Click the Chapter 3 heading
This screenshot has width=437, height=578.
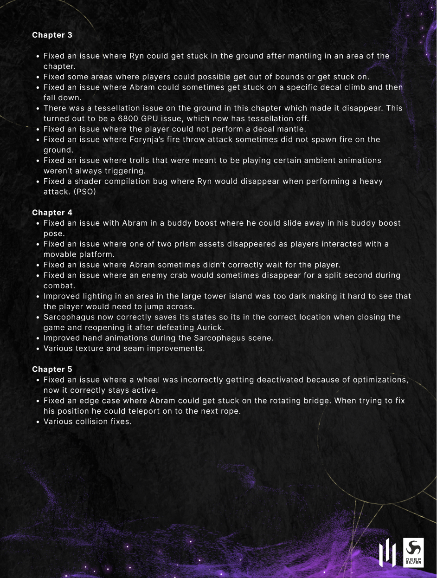click(52, 35)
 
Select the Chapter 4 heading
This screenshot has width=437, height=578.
click(52, 213)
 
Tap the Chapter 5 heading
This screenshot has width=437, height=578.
click(52, 370)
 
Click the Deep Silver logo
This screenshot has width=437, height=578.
click(413, 552)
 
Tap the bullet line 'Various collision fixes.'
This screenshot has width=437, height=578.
click(88, 422)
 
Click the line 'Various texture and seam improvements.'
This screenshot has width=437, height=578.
click(124, 348)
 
